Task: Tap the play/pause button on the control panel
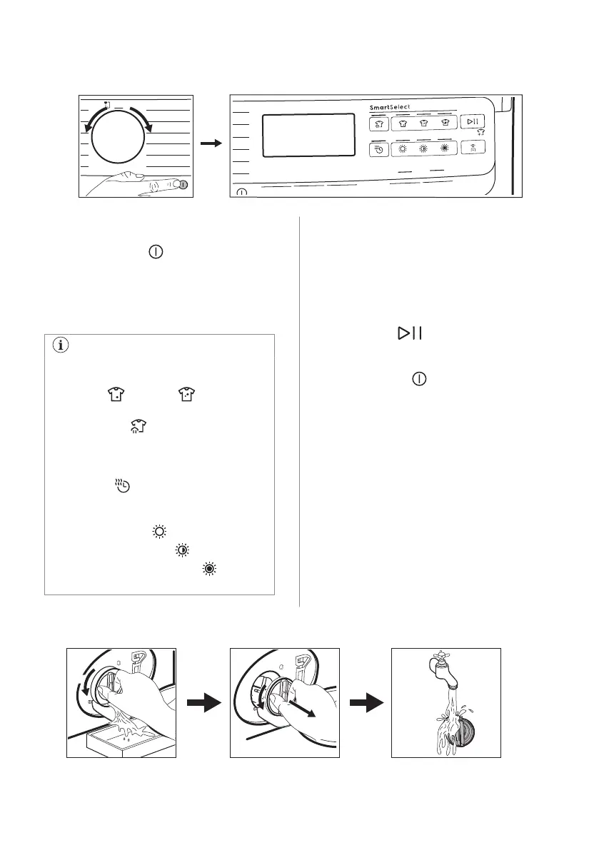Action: pyautogui.click(x=472, y=122)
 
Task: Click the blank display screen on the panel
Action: pyautogui.click(x=308, y=135)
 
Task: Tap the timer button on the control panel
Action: pyautogui.click(x=379, y=149)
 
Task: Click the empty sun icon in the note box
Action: pyautogui.click(x=158, y=532)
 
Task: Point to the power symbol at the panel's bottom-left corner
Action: pyautogui.click(x=241, y=191)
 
